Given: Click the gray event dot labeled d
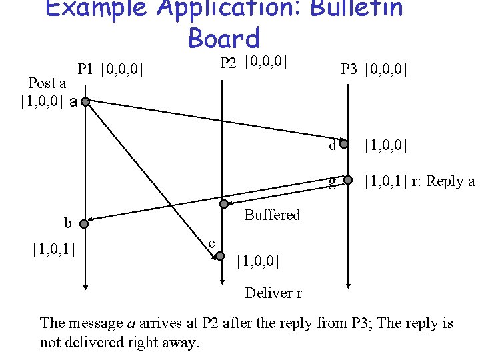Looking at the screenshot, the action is point(344,144).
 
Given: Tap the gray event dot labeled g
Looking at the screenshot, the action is point(347,179).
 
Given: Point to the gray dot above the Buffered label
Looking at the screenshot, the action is point(225,203).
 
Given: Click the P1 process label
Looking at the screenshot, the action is point(85,69).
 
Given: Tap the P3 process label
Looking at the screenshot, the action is point(349,69).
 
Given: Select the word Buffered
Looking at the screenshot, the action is point(272,215).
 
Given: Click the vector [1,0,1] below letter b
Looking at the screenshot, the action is point(53,249).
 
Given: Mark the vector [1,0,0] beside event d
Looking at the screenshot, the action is point(387,145).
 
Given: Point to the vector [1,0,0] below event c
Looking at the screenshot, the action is point(258,261).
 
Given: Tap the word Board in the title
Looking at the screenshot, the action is point(224,38).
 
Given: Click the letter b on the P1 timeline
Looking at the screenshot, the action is point(67,223).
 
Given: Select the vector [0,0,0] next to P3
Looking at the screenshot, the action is point(387,69).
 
